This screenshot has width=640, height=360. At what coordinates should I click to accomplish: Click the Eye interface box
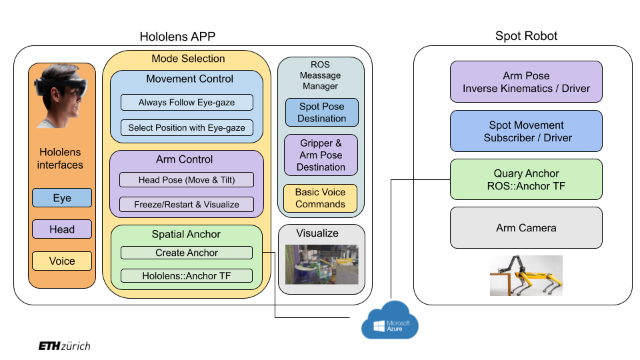point(62,198)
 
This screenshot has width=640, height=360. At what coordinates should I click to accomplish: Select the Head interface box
point(62,229)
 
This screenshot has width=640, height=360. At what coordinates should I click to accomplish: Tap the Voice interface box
point(62,261)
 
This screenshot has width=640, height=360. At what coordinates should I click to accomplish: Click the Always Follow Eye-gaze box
point(187,103)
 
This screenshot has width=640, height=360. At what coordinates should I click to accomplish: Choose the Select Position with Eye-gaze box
point(187,127)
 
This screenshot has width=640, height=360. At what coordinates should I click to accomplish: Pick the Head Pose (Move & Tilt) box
point(187,180)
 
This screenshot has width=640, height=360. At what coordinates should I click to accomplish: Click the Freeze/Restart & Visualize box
point(187,204)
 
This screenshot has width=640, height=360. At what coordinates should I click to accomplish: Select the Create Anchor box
point(187,253)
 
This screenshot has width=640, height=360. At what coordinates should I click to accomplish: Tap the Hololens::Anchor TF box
point(187,275)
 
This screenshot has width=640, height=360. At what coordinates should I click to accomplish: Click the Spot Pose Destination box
point(322,113)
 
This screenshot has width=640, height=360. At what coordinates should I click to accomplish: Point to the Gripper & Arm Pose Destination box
point(321,155)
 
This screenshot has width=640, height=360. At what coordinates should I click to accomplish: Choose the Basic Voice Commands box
point(321,198)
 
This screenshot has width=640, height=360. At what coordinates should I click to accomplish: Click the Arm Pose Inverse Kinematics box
point(526,82)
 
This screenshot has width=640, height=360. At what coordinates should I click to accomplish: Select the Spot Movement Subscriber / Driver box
point(526,131)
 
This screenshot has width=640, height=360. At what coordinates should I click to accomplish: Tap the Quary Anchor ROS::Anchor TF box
point(526,179)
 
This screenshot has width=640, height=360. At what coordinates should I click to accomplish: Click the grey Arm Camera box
point(526,228)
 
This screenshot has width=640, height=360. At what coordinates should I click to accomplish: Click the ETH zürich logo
point(64,346)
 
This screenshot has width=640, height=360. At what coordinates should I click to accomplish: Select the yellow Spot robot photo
point(526,275)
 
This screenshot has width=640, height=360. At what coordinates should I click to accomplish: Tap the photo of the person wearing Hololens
point(61,97)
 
